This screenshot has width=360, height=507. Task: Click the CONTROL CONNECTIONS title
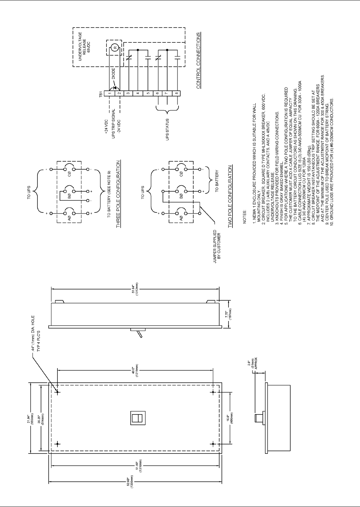(x=199, y=60)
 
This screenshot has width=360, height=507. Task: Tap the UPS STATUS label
(x=167, y=129)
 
